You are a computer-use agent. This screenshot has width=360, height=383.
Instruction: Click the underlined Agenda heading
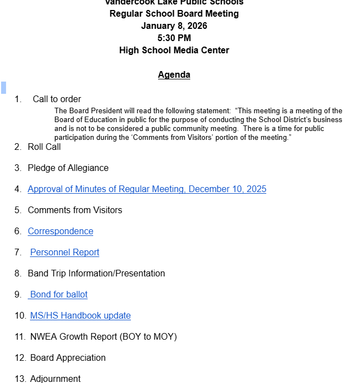click(174, 75)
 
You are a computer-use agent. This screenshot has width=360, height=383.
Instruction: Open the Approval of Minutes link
click(147, 189)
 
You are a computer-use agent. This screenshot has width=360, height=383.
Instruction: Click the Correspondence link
click(60, 231)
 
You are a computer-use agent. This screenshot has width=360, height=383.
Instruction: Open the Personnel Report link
click(64, 253)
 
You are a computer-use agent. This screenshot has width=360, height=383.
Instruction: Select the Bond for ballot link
click(59, 295)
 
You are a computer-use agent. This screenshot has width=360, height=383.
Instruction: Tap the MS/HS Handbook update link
click(80, 316)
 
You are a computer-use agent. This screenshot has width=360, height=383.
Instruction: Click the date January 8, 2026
click(174, 26)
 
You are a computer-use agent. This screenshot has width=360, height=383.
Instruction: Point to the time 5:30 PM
click(174, 38)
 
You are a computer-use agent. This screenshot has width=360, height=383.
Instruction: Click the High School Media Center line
click(174, 51)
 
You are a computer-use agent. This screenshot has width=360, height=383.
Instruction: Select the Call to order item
click(57, 99)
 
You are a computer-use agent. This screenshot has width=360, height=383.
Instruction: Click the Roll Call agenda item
click(44, 147)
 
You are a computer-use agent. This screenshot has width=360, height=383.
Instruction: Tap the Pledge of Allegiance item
click(68, 168)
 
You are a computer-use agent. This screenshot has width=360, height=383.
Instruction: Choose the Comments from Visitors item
click(75, 210)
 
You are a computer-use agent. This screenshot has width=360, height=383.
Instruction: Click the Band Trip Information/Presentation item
click(97, 274)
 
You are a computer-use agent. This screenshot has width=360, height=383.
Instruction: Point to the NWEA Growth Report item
click(103, 337)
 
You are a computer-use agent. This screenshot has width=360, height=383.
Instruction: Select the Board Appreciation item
click(68, 358)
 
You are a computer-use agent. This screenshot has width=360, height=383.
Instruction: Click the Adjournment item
click(55, 379)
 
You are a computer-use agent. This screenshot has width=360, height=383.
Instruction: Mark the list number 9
click(18, 295)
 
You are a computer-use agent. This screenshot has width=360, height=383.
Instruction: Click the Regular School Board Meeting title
click(174, 14)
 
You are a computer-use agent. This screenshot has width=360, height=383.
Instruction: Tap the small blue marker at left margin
click(3, 87)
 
